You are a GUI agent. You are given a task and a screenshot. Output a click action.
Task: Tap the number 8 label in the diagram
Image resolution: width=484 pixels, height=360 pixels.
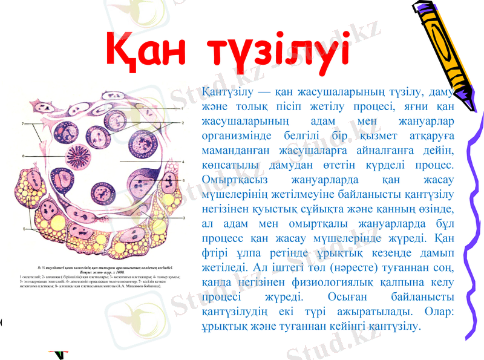23,156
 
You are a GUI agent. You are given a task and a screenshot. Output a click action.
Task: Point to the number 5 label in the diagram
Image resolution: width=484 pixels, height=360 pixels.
23,229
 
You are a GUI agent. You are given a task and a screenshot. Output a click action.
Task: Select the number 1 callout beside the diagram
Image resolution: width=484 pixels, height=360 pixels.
182,108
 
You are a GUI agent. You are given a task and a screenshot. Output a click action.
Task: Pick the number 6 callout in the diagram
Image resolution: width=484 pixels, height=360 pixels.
183,180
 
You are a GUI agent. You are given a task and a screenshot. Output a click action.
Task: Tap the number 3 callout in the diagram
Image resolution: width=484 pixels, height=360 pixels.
183,217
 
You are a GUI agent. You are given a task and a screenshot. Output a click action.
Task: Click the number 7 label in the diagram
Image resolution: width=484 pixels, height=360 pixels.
23,125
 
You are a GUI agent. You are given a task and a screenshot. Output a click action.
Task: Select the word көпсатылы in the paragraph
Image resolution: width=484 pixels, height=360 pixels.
226,166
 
